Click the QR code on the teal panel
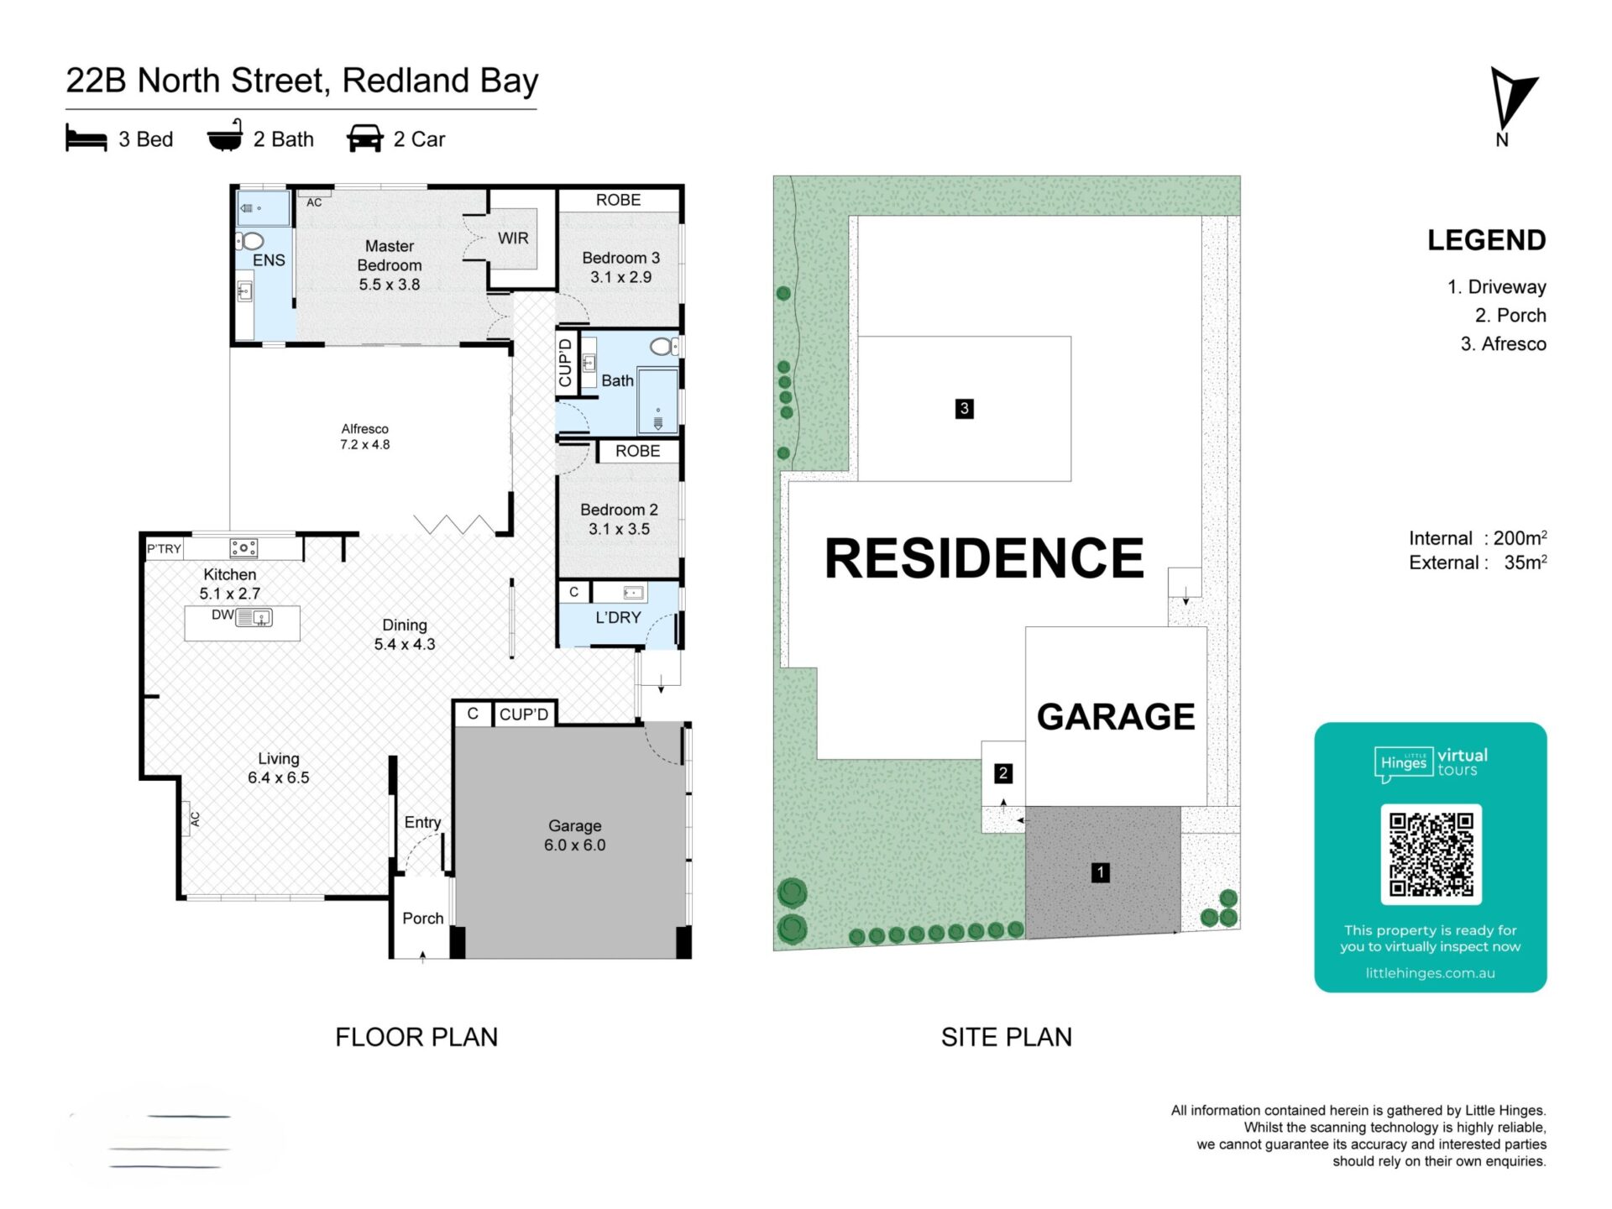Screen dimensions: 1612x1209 1431,854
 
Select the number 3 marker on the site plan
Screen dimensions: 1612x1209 964,409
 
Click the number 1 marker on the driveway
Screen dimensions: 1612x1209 1100,872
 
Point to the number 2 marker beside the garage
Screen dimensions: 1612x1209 1002,773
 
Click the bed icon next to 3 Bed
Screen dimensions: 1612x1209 86,139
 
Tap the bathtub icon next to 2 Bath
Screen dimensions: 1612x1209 225,136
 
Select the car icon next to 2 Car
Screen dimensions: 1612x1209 365,139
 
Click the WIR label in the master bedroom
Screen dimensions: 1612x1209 513,238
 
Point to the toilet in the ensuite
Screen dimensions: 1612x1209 251,242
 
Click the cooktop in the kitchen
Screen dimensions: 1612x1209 243,548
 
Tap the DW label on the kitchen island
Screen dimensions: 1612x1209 222,615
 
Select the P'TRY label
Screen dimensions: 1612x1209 164,549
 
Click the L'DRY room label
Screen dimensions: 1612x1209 618,618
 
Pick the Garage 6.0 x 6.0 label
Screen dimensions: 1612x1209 575,835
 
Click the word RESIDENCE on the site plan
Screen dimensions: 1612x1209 984,558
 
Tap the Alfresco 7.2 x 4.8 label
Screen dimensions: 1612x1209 364,437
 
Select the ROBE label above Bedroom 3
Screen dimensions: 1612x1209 618,200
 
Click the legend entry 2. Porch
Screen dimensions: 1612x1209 1510,316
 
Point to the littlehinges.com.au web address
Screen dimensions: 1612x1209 1430,973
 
